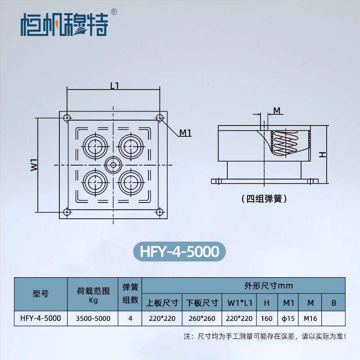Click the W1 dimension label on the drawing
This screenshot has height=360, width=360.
pos(34,164)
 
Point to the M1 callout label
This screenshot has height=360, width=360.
pos(185,133)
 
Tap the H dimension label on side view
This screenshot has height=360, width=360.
pos(322,154)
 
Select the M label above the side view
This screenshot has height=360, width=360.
pos(277,110)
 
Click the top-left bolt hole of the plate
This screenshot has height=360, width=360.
pos(67,118)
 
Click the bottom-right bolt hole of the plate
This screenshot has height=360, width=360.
pos(160,212)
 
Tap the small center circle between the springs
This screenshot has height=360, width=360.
pos(112,165)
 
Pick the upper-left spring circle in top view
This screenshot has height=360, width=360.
pos(95,145)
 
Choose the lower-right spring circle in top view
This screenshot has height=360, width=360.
pos(130,183)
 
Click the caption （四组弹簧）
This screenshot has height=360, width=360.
pos(264,198)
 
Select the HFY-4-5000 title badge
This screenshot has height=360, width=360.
pos(180,251)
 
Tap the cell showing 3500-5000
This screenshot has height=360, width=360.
pos(93,318)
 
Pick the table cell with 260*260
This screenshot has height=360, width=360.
pos(201,318)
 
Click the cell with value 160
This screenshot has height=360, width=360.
pos(266,318)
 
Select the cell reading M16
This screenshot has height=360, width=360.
pos(310,318)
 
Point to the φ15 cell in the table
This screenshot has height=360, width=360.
pos(288,318)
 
